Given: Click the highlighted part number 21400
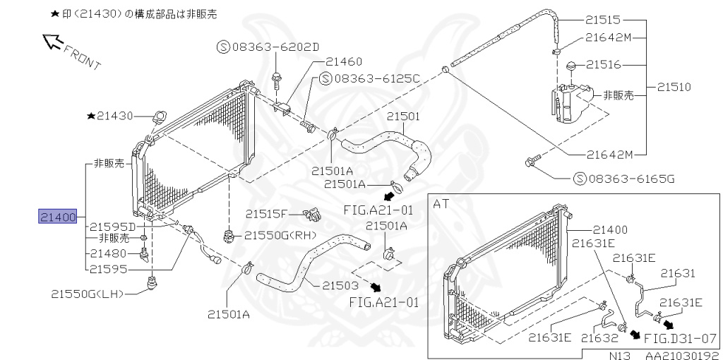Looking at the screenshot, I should tap(57, 216).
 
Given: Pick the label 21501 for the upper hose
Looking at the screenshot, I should tap(402, 115).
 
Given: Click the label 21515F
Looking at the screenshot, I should tap(267, 213).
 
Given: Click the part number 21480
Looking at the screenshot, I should tap(108, 253).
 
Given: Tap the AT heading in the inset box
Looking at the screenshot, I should tap(441, 204).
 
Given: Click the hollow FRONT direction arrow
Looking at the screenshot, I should tap(54, 42).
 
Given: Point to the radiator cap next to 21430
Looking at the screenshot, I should tap(159, 115).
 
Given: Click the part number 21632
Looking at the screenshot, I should tap(599, 339).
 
